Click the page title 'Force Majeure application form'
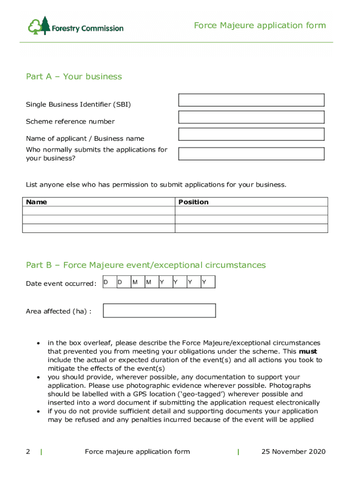coord(259,25)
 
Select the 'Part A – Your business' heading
coord(74,77)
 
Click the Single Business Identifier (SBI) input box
coord(251,100)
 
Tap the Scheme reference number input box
coord(251,117)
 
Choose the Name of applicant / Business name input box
coord(251,134)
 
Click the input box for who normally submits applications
coord(251,154)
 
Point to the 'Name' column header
coord(36,202)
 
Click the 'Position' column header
coord(194,202)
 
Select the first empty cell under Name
coord(99,211)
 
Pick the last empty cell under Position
coord(251,228)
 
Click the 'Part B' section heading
coord(146,265)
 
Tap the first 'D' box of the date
coord(109,282)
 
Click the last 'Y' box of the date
coord(208,282)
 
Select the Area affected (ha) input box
coord(159,311)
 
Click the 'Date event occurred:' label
coord(61,283)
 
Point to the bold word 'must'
coord(308,351)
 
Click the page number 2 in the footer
coord(28,451)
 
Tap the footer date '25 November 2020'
coord(293,451)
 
